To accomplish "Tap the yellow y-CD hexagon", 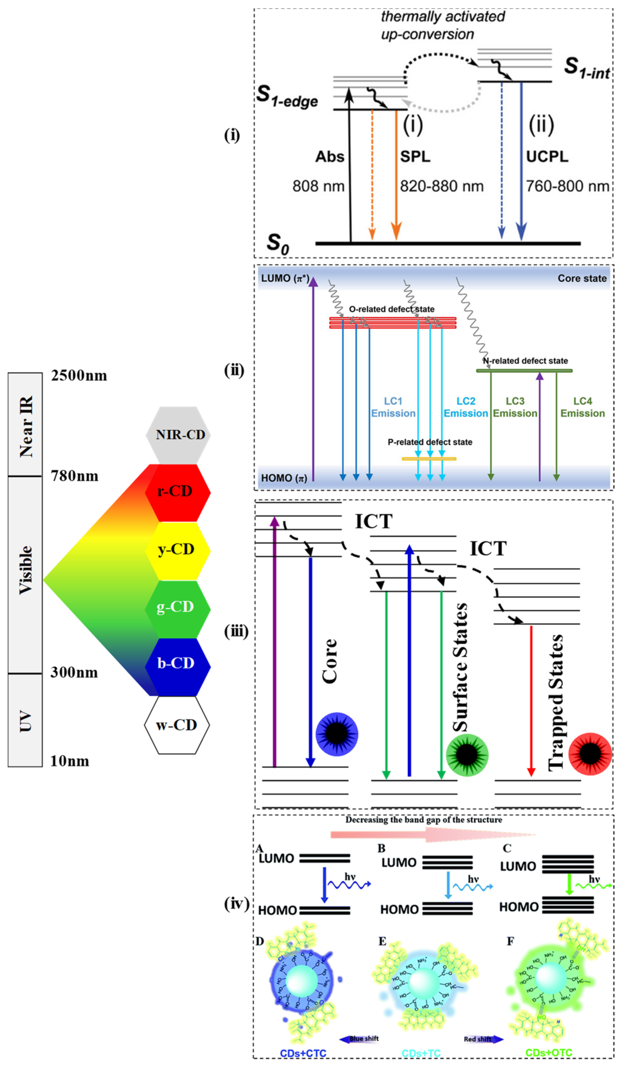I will [x=178, y=550].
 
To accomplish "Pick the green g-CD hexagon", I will [x=178, y=607].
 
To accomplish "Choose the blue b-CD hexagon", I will [x=178, y=664].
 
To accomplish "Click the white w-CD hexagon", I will [x=177, y=725].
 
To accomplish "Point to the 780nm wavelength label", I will [x=75, y=476].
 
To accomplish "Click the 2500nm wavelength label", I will [x=79, y=376].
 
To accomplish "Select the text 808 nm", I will [x=318, y=186].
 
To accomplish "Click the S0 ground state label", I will [x=278, y=243].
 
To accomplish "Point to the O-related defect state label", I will [x=392, y=309].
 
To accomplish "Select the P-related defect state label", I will [x=430, y=442].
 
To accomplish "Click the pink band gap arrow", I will [x=431, y=835].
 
